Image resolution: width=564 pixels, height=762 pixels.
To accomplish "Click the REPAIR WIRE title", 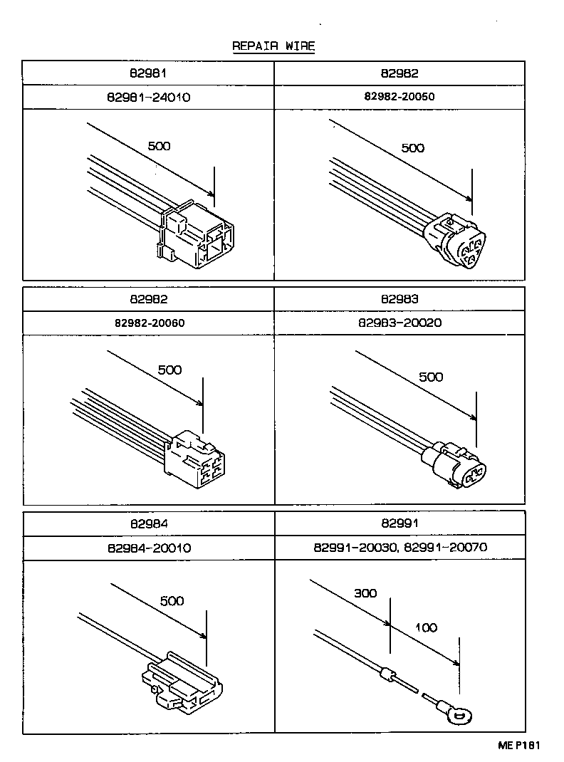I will click(x=273, y=46).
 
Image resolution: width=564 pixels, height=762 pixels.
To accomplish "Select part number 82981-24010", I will click(x=149, y=98).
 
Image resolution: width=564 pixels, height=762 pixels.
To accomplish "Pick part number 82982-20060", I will click(x=149, y=323).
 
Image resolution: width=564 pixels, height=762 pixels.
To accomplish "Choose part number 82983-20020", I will click(x=399, y=323).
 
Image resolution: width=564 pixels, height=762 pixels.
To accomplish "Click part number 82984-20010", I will click(x=149, y=548).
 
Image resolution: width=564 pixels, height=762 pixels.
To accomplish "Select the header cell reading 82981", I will click(x=149, y=73).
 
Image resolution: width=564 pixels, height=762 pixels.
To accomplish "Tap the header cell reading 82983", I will click(x=399, y=299).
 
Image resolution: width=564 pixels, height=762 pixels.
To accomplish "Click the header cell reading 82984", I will click(x=149, y=524).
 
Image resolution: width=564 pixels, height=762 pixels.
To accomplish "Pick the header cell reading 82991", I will click(x=399, y=524).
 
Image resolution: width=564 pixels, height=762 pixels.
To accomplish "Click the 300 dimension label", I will click(x=365, y=593).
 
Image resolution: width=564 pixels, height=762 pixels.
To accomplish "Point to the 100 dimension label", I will click(x=426, y=627).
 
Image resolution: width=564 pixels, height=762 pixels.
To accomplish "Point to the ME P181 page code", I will click(x=519, y=746).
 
